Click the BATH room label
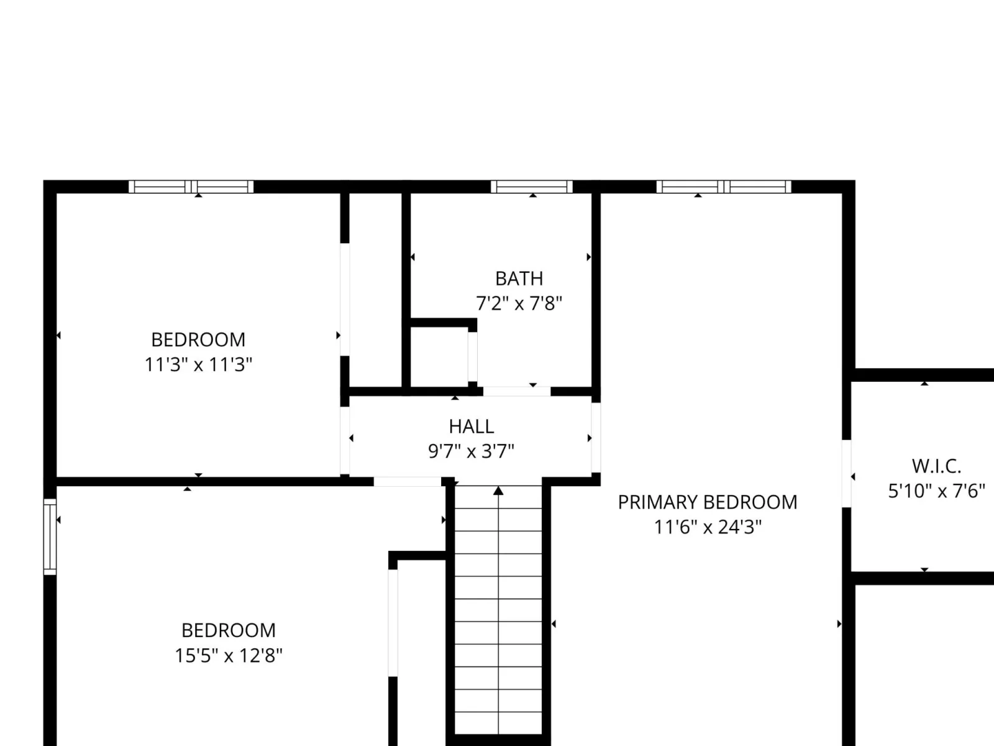[x=519, y=279]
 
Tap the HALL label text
[x=472, y=426]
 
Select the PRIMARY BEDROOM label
[x=708, y=502]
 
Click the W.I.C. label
[x=936, y=466]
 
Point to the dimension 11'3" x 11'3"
[x=198, y=364]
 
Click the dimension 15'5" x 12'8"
[x=229, y=655]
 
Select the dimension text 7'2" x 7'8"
[x=519, y=303]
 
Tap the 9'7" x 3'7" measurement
[x=472, y=451]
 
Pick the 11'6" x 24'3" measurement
[x=708, y=527]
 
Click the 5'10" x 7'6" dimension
[x=936, y=491]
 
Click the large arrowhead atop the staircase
[x=498, y=490]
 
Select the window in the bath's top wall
[x=532, y=186]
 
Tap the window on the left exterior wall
[x=50, y=536]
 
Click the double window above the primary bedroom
[x=724, y=186]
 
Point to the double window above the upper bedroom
[x=191, y=186]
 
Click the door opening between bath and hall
[x=517, y=392]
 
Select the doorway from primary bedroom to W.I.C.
[x=846, y=473]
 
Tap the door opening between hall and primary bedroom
[x=596, y=438]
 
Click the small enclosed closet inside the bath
[x=439, y=357]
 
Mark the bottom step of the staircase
[x=498, y=724]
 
